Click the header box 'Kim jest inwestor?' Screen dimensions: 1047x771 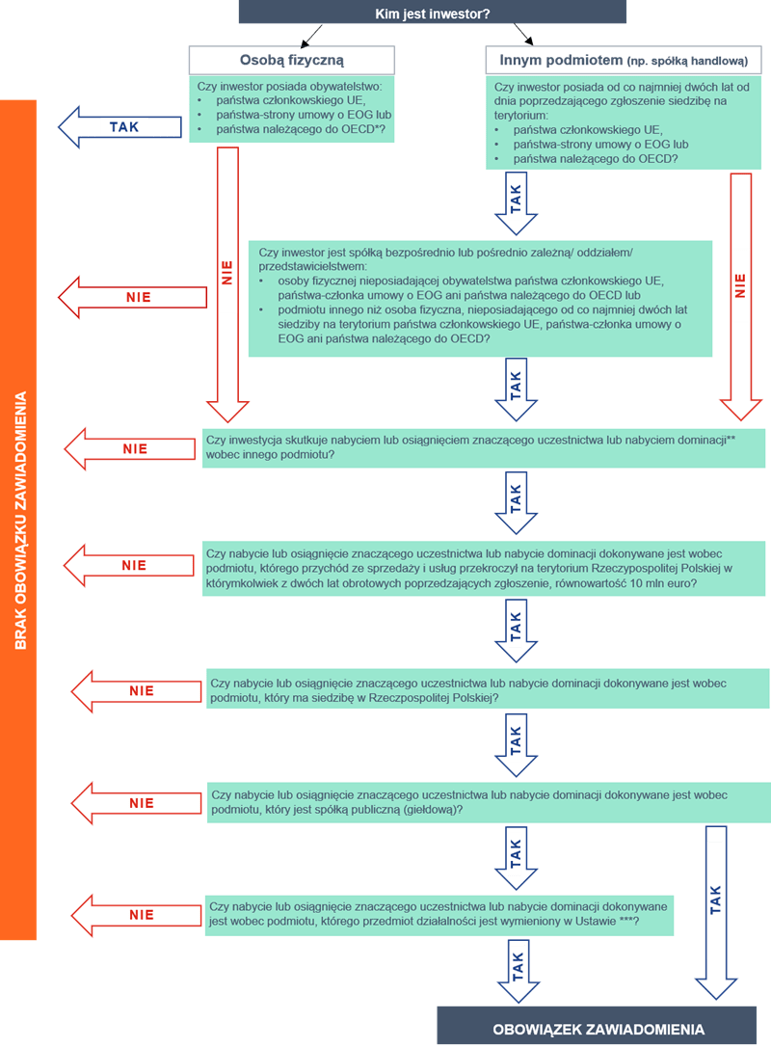coord(433,13)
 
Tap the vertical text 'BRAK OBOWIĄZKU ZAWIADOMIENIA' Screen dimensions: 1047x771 coord(19,521)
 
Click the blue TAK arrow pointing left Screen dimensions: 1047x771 coord(121,127)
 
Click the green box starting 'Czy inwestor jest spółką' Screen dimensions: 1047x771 coord(480,299)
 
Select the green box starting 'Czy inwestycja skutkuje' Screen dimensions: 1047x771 coord(485,446)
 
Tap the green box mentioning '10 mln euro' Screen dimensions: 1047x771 coord(485,569)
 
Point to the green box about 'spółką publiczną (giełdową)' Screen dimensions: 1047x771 coord(488,803)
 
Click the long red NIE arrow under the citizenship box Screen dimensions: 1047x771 coord(228,280)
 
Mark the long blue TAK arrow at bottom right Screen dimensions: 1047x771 coord(716,906)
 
